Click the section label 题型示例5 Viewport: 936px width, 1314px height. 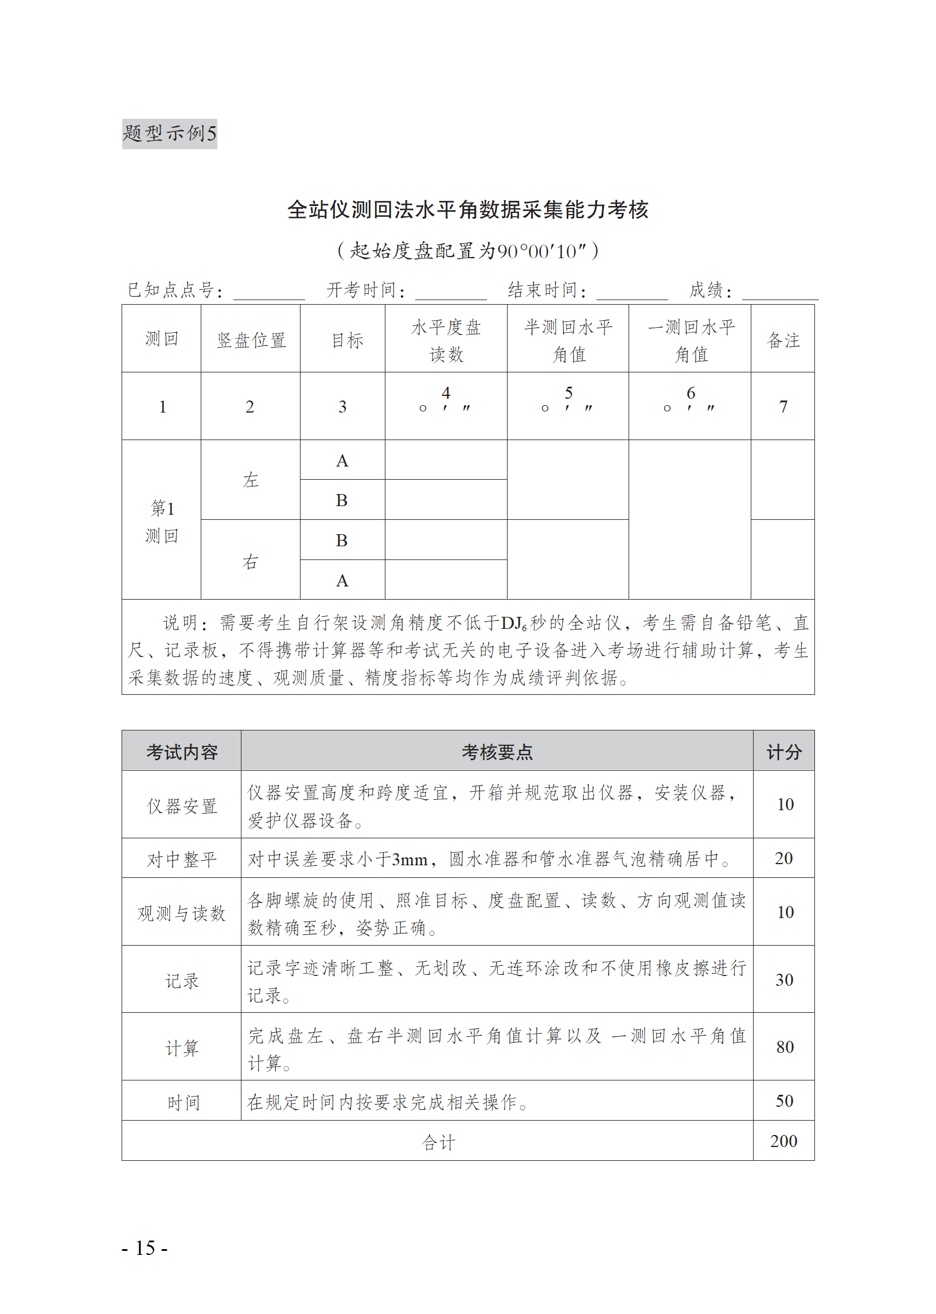(x=169, y=134)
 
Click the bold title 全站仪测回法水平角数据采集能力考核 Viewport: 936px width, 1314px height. (x=467, y=210)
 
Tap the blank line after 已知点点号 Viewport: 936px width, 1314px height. (x=268, y=293)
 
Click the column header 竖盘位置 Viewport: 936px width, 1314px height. (x=251, y=340)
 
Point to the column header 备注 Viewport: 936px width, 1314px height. (x=782, y=340)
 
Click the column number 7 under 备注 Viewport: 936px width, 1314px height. (x=783, y=407)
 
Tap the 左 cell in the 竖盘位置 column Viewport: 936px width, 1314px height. (x=250, y=480)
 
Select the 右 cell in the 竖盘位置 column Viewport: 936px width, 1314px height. (x=250, y=561)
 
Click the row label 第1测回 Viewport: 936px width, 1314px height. (x=161, y=522)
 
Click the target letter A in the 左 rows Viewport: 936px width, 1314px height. (x=342, y=461)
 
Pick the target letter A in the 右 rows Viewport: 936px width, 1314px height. (x=342, y=581)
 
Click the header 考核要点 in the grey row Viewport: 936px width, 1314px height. (x=497, y=752)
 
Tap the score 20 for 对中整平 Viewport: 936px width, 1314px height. (x=783, y=858)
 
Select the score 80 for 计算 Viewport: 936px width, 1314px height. (x=784, y=1047)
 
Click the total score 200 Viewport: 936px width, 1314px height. (x=783, y=1141)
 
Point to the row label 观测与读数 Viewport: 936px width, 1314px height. (x=181, y=913)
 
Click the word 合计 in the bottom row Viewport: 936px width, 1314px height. (x=438, y=1142)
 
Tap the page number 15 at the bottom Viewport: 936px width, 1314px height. (x=145, y=1247)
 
